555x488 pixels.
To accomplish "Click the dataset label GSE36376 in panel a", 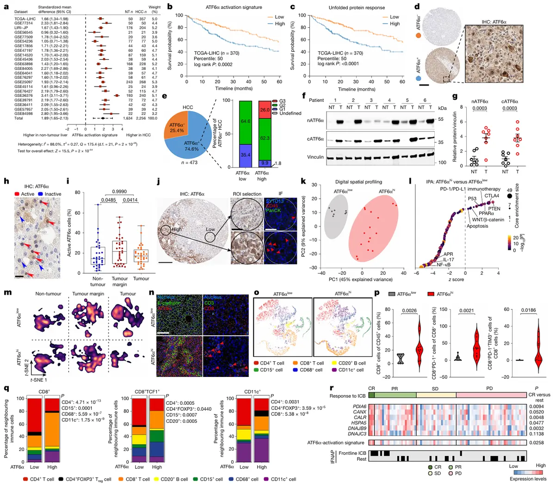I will point(24,96).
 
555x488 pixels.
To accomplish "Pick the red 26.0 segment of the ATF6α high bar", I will point(265,110).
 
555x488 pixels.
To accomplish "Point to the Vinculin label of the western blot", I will point(315,157).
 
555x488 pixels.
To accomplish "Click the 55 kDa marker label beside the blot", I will point(440,119).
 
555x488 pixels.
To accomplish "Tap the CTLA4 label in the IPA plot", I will point(491,196).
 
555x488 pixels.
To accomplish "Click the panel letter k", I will point(303,181).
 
